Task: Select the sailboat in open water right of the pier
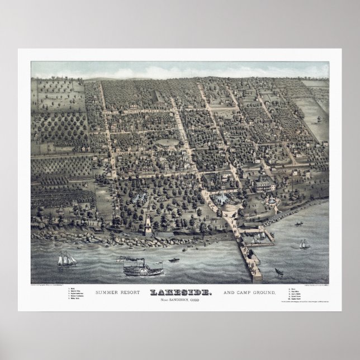click(x=304, y=244)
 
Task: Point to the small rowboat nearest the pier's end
click(x=278, y=272)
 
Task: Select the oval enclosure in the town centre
click(x=167, y=143)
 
